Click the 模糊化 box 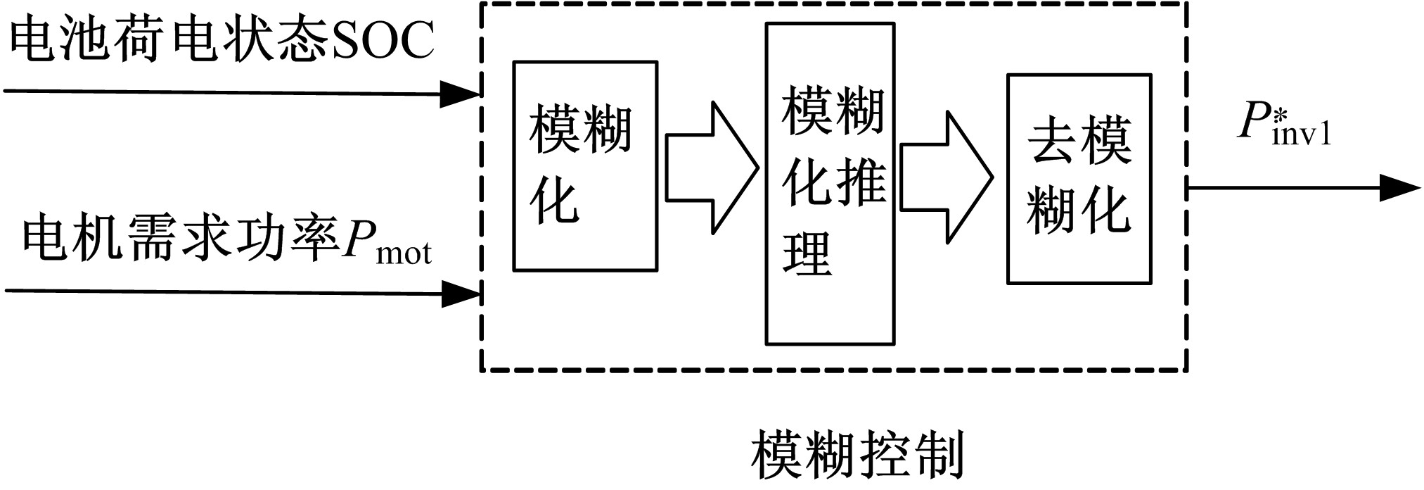tap(584, 166)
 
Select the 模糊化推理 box tap(830, 184)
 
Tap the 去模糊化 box tap(1079, 179)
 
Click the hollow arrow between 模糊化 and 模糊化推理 tap(712, 168)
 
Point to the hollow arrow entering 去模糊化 tap(946, 177)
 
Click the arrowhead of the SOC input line tap(461, 93)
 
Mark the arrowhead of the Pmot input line tap(461, 293)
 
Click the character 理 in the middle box tap(808, 253)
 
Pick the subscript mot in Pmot tap(404, 253)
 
